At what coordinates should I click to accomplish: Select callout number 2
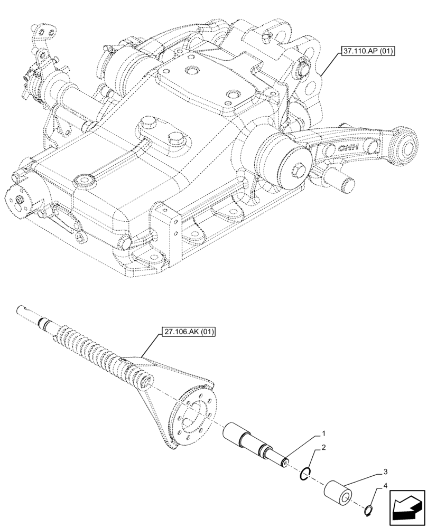(322, 447)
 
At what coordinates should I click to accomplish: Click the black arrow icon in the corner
(407, 507)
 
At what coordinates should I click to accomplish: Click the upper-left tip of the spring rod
(21, 309)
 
